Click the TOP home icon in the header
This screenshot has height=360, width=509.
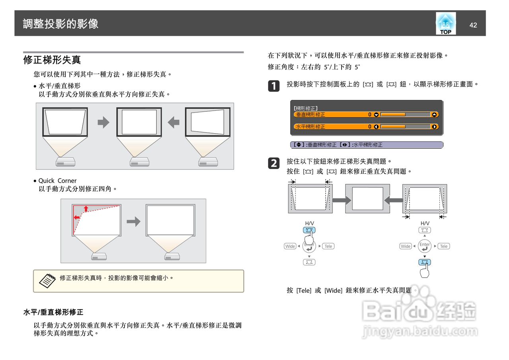click(x=445, y=24)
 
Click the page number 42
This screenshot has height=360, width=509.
click(x=473, y=25)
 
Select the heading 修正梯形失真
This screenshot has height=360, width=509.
click(x=52, y=60)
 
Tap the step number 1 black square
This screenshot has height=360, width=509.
click(x=274, y=86)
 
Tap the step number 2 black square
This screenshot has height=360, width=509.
click(x=274, y=163)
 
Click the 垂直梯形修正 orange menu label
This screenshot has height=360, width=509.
click(x=311, y=115)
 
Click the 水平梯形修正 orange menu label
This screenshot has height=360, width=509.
click(x=311, y=126)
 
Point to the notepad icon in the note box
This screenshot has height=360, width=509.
click(x=47, y=280)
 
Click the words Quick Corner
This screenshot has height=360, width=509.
click(x=57, y=181)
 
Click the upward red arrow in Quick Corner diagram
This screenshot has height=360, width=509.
click(x=86, y=208)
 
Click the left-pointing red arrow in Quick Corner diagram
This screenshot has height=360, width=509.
click(x=77, y=218)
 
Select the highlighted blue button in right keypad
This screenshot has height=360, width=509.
click(x=425, y=262)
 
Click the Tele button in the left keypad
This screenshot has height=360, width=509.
click(x=328, y=246)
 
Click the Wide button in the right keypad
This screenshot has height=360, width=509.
click(x=406, y=246)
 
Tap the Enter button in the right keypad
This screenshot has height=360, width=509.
click(x=425, y=246)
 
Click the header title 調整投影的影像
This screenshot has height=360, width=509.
click(x=60, y=24)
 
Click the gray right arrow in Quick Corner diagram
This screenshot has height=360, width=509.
click(x=134, y=222)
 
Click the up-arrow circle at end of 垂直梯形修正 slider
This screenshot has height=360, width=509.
click(x=435, y=115)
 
